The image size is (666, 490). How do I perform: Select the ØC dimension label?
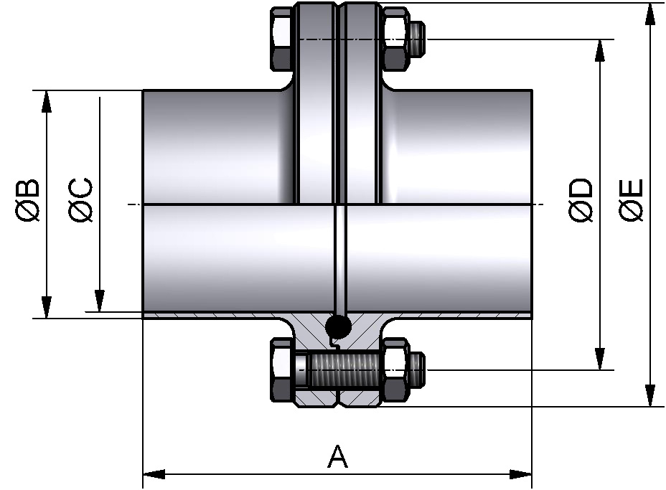(80, 200)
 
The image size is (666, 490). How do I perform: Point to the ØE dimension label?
(632, 200)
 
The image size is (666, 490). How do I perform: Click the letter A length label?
(337, 457)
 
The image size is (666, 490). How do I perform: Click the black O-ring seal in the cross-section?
(338, 326)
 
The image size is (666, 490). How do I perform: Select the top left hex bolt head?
(281, 39)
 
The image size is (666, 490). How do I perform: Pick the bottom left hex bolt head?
(281, 370)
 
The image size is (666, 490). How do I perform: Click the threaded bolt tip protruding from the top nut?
(418, 39)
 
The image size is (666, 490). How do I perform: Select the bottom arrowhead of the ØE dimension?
(649, 395)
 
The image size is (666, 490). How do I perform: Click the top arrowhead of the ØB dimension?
(47, 101)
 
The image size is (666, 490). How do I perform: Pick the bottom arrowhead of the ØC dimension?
(99, 301)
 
